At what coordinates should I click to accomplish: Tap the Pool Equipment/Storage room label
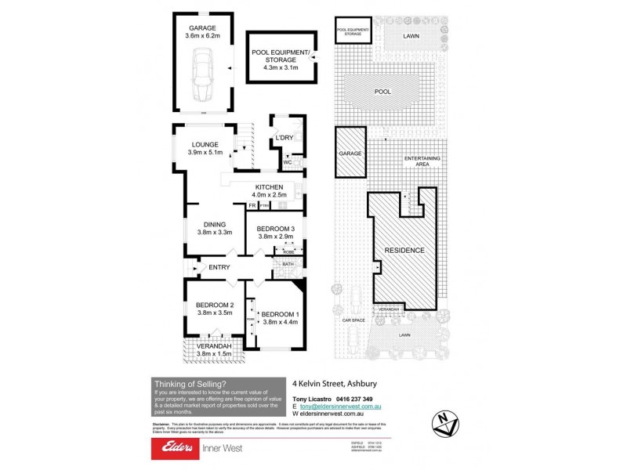click(281, 57)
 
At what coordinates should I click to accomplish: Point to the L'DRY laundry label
click(283, 139)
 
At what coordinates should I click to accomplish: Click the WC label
click(286, 163)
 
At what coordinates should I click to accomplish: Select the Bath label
click(288, 265)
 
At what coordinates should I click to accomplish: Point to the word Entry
click(219, 268)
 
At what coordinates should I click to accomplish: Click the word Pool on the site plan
click(382, 92)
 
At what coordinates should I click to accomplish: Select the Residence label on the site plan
click(404, 250)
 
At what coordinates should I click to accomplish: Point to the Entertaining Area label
click(422, 161)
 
